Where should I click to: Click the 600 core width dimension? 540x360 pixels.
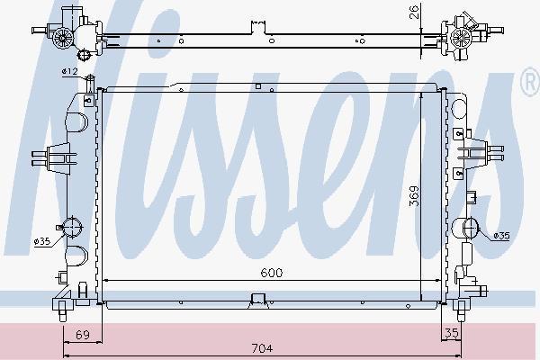[272, 273]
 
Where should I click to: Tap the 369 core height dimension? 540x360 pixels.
[414, 195]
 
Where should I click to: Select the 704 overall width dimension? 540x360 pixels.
[262, 348]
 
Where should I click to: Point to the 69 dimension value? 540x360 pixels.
[83, 335]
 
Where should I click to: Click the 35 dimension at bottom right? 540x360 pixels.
[452, 333]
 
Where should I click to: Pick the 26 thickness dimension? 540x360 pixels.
[415, 12]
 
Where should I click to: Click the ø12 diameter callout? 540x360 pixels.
[70, 72]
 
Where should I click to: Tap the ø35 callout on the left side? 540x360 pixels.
[42, 241]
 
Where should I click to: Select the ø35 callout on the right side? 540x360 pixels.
[501, 236]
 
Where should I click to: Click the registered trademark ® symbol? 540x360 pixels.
[532, 81]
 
